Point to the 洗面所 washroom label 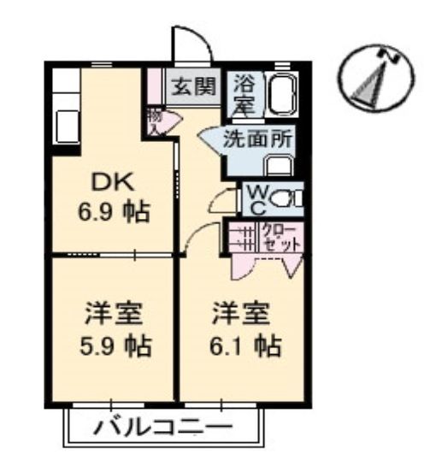click(x=251, y=140)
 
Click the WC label click(x=256, y=199)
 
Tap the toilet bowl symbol click(x=290, y=199)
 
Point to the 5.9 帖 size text click(x=110, y=345)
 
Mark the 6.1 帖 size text click(x=242, y=345)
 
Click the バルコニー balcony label click(x=162, y=426)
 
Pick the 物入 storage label click(x=155, y=121)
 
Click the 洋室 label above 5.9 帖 click(x=110, y=314)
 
